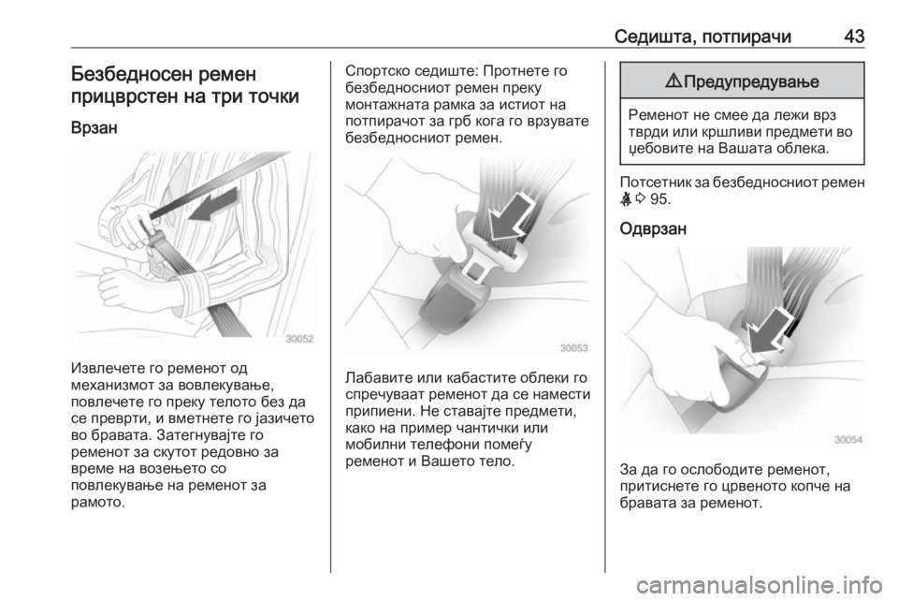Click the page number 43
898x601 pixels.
pyautogui.click(x=854, y=37)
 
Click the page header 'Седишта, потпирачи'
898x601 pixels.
pyautogui.click(x=702, y=37)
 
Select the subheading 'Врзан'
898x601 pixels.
pyautogui.click(x=94, y=127)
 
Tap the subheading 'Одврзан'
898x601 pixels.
pyautogui.click(x=653, y=228)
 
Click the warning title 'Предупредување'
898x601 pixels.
pyautogui.click(x=751, y=82)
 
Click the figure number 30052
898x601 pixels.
pyautogui.click(x=299, y=339)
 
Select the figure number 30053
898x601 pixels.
pyautogui.click(x=573, y=347)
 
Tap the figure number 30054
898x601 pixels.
pyautogui.click(x=848, y=439)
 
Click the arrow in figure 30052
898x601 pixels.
pyautogui.click(x=213, y=206)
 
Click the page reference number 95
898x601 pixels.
pyautogui.click(x=660, y=199)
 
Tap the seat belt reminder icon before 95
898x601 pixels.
pyautogui.click(x=627, y=198)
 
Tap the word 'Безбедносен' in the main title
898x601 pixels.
pyautogui.click(x=131, y=75)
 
